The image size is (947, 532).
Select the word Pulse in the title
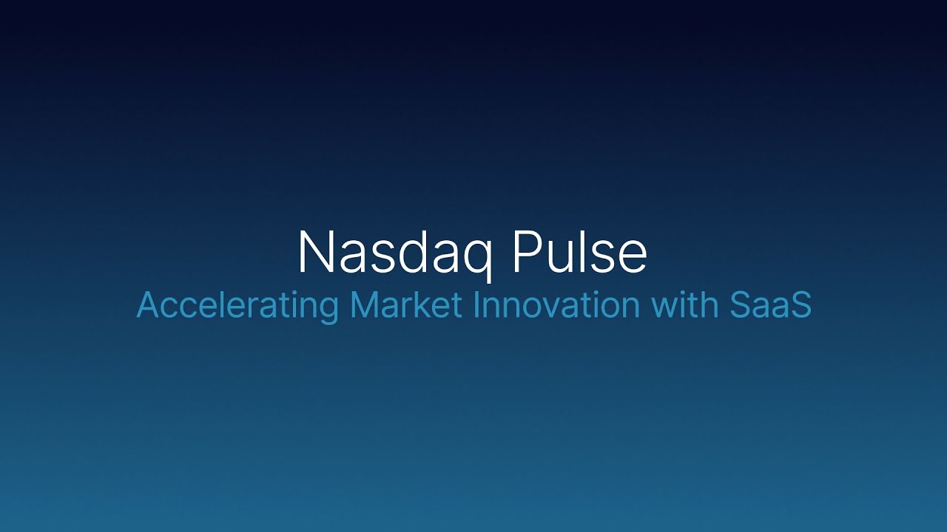pos(579,253)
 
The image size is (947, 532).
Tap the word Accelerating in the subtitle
pos(237,306)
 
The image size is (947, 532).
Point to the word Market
pos(405,306)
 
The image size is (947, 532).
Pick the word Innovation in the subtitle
pos(556,306)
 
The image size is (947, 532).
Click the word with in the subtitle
pos(679,306)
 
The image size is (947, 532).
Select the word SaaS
pos(770,306)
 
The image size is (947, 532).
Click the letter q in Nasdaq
pos(478,257)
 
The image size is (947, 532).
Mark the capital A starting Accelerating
pos(147,306)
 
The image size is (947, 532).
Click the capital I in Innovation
pos(476,306)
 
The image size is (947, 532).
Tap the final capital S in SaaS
pos(801,306)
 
